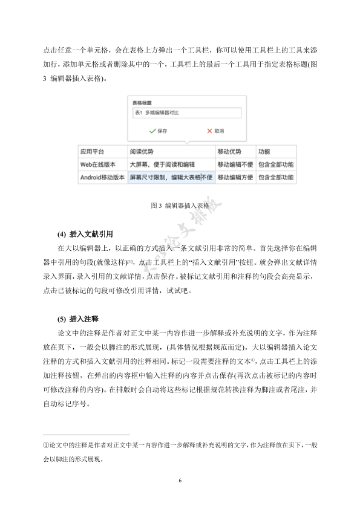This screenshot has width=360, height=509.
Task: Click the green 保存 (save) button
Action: click(x=158, y=131)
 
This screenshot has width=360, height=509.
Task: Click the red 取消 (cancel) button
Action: click(x=215, y=131)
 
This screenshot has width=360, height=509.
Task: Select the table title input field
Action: click(x=186, y=113)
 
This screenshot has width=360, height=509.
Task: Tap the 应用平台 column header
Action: click(x=92, y=152)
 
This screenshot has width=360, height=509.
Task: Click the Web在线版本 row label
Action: click(x=99, y=164)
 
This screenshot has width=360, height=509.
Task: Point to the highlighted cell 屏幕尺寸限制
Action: click(x=171, y=178)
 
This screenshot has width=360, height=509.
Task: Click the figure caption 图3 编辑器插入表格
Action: click(x=179, y=206)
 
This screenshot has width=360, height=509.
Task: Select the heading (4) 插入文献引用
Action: click(x=85, y=233)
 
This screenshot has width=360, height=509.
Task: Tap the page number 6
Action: click(x=180, y=481)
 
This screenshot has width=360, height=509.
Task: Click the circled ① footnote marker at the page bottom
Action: click(x=46, y=445)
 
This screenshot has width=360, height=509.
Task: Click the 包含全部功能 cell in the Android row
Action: click(x=275, y=178)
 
